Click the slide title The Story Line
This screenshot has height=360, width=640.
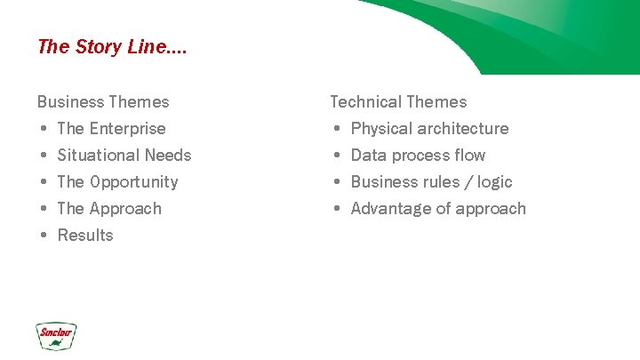[112, 47]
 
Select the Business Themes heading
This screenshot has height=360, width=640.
[103, 102]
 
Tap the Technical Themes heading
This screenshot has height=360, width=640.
[398, 102]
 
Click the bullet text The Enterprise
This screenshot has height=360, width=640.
[111, 129]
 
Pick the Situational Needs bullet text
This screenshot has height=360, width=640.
[124, 156]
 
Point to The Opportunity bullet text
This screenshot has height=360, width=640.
[117, 182]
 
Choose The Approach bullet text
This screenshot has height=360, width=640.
[109, 209]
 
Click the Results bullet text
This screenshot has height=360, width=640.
[85, 236]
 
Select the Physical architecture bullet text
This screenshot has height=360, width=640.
[429, 129]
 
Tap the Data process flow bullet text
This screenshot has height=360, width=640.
[418, 156]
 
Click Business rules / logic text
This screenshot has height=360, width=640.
[431, 182]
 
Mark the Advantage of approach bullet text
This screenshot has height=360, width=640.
[438, 209]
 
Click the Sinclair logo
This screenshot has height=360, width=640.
[56, 335]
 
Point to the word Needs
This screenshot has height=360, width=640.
[168, 156]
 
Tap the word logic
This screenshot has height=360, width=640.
[494, 182]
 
